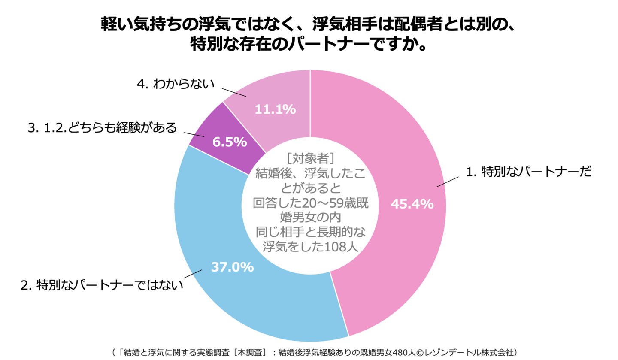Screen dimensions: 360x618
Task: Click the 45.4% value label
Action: [412, 204]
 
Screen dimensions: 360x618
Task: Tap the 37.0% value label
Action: [232, 267]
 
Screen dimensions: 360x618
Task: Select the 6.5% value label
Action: [230, 142]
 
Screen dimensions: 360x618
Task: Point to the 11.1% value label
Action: [275, 109]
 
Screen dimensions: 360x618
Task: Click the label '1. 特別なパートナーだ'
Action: [528, 172]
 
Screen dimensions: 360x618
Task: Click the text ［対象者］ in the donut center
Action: [309, 159]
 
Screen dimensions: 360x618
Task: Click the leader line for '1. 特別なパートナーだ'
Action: [448, 181]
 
